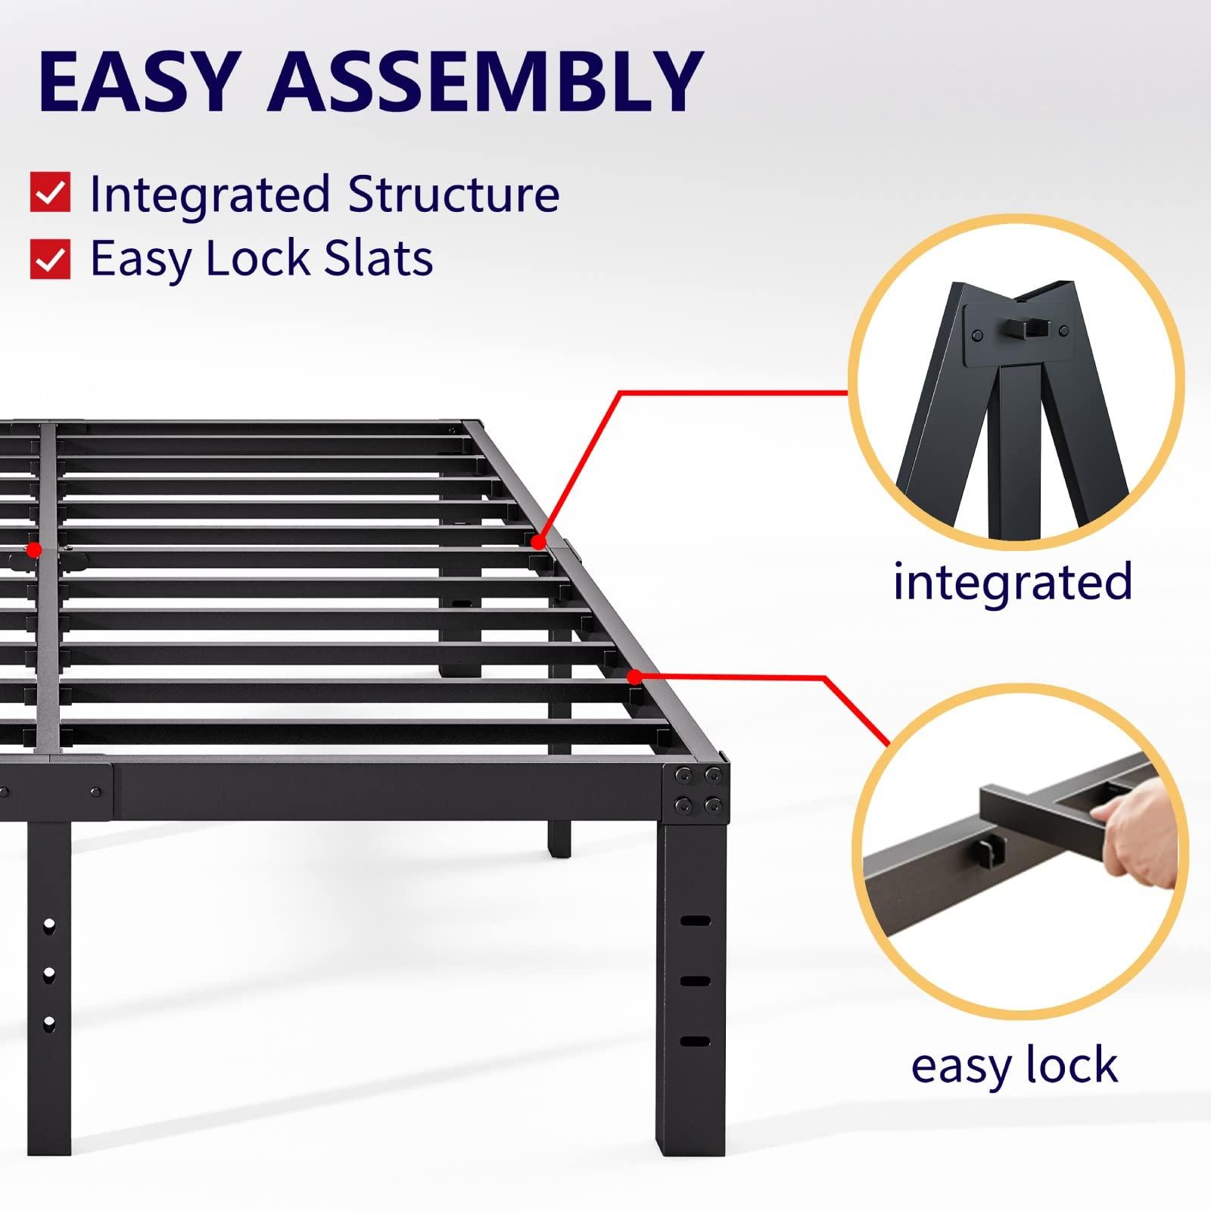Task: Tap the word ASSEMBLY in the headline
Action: [x=484, y=81]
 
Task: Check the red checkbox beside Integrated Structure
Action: [x=50, y=192]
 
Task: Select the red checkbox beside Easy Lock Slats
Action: [x=50, y=258]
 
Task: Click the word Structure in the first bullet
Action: [x=453, y=194]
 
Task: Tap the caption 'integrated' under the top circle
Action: [x=1012, y=581]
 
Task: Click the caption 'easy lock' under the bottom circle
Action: [x=1014, y=1066]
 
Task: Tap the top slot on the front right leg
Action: [x=695, y=921]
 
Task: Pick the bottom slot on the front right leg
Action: [x=695, y=1041]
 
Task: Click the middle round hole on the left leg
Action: [x=49, y=973]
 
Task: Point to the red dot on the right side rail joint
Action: [x=538, y=542]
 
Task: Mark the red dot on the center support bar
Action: [x=34, y=549]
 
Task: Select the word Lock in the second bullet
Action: [x=258, y=258]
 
